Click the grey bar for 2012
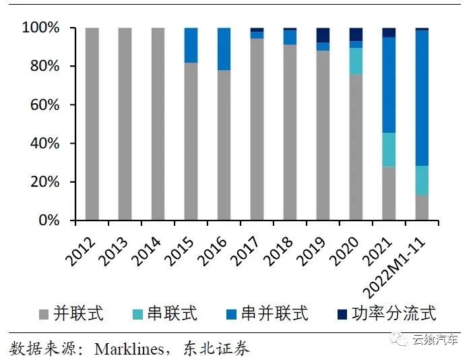coord(92,124)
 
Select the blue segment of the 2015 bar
coord(191,45)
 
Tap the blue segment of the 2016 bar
coord(224,49)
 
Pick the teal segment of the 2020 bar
coord(356,61)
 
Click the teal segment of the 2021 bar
coord(389,150)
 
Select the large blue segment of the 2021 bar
coord(389,85)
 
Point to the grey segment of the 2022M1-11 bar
coord(422,208)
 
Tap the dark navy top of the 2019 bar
coord(323,35)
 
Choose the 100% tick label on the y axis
coord(42,28)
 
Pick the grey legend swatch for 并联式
coord(45,313)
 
